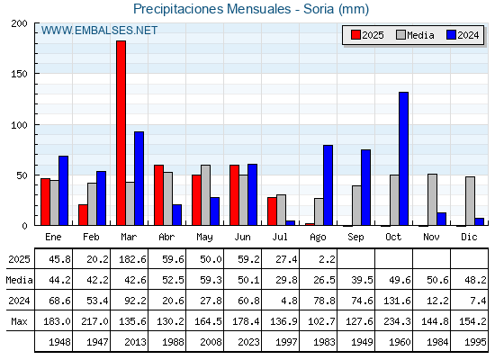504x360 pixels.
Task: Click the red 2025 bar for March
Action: pos(121,133)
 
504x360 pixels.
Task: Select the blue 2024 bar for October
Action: pos(404,158)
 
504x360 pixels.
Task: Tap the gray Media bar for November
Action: pos(432,200)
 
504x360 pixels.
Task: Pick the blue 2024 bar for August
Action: pos(328,185)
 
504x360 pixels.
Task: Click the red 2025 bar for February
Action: pos(83,215)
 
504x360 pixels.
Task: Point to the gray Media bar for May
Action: pos(206,195)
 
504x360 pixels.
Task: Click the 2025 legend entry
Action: pos(367,35)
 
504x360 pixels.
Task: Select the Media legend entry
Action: pos(415,35)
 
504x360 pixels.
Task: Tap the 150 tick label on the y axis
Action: pos(19,74)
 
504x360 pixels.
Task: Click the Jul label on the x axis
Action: pos(280,238)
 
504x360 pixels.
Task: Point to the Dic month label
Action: pos(469,238)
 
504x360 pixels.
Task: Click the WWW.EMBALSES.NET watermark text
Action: pos(99,31)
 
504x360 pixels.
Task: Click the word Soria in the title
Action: pos(319,9)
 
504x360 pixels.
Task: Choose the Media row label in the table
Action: pos(19,280)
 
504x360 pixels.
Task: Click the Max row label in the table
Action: pos(19,321)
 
